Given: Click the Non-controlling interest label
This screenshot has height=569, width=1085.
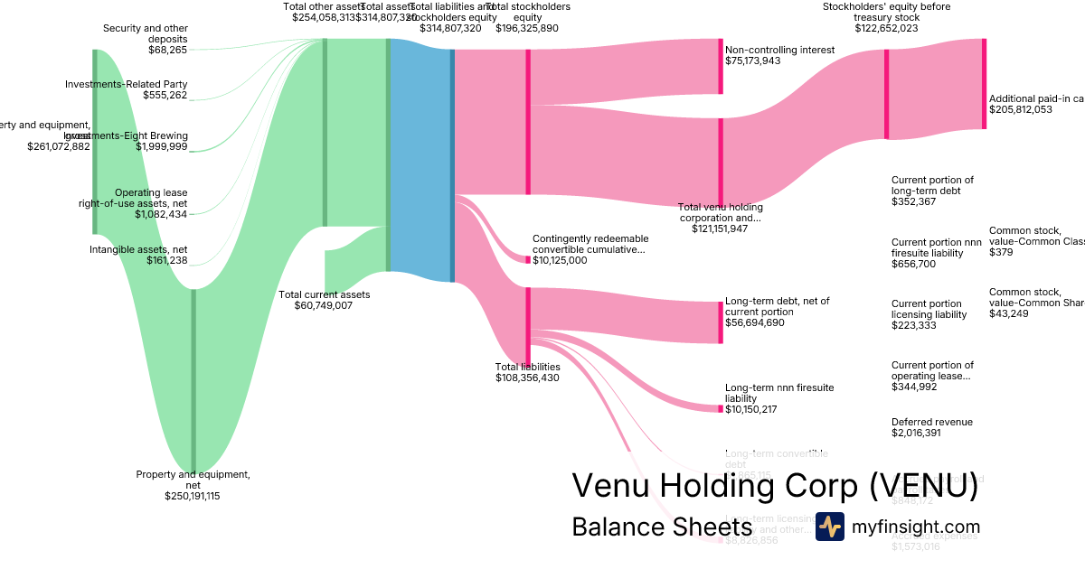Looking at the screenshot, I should (779, 50).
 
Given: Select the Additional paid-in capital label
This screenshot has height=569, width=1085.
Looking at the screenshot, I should (1036, 98).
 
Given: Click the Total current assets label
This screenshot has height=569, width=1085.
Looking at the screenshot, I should (324, 294).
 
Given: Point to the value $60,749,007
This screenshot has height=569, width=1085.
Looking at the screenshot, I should (324, 305).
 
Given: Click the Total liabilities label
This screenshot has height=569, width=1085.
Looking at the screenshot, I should (527, 367).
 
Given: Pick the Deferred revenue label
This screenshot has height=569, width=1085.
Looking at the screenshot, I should (931, 422).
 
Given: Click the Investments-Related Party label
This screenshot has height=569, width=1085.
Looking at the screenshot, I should (126, 84).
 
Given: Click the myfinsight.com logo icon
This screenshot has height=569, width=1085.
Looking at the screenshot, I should (830, 527).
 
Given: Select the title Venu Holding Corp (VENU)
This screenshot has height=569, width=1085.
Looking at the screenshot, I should (775, 485).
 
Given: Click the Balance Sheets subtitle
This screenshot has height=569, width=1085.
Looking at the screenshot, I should (662, 527).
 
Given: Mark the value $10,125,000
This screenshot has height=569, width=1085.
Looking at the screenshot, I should (560, 260).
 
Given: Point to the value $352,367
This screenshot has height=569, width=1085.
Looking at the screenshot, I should (913, 201).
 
